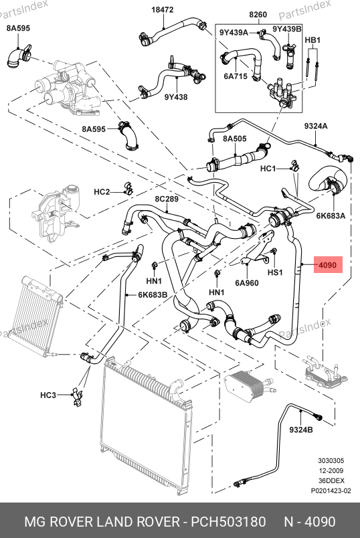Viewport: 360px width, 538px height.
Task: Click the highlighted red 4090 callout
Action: (328, 264)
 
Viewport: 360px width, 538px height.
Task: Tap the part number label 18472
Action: (163, 10)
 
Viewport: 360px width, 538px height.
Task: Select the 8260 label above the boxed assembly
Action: (258, 15)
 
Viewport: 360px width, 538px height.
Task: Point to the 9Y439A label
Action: (234, 33)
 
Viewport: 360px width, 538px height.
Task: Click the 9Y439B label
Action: (287, 29)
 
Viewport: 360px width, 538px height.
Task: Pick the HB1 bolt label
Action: (312, 40)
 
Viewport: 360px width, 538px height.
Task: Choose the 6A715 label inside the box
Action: (236, 76)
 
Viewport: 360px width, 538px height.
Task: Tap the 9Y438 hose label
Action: (176, 97)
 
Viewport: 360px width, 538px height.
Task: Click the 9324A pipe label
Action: (316, 126)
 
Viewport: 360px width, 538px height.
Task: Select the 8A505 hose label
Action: (235, 139)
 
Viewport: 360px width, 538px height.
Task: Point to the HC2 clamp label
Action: (102, 192)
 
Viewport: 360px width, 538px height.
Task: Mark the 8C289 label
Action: (167, 199)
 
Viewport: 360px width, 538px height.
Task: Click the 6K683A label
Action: (331, 215)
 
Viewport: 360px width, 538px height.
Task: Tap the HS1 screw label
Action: (275, 272)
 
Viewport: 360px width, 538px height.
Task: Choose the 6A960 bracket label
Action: (247, 283)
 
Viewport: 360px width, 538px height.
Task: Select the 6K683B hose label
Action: (153, 294)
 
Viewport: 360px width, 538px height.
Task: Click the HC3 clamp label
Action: (48, 395)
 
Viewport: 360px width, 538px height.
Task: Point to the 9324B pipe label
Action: (301, 430)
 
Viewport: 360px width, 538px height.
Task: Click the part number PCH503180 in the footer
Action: (228, 522)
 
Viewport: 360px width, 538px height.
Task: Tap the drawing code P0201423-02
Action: (331, 491)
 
